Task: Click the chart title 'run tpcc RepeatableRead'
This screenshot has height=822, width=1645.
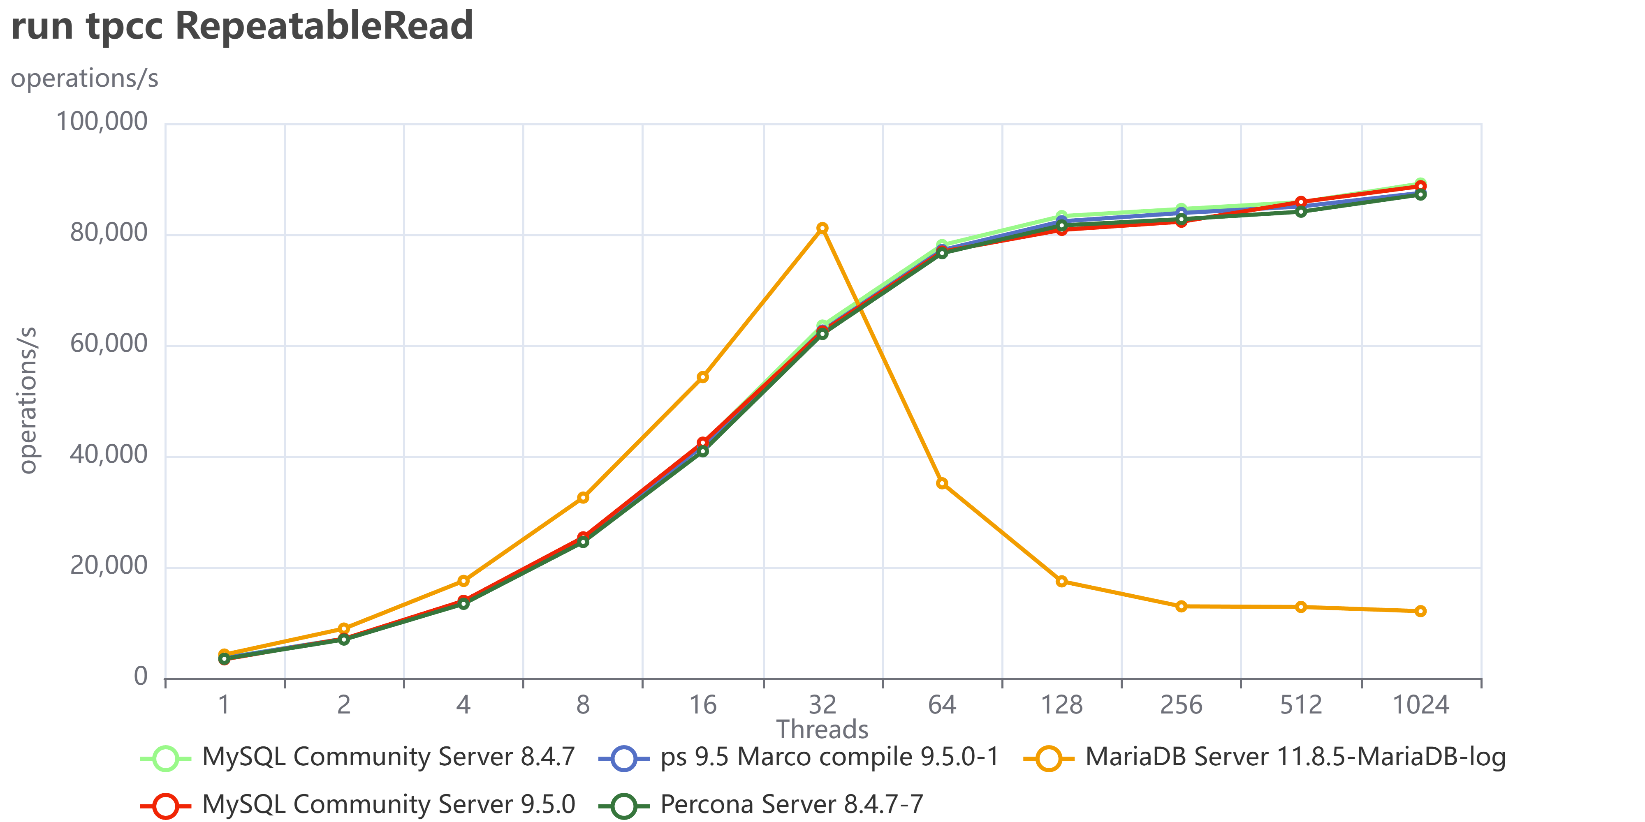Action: click(242, 27)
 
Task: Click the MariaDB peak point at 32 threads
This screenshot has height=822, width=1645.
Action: click(822, 228)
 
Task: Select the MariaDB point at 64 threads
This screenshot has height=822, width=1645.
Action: click(942, 483)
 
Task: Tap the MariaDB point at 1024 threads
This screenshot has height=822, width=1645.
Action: click(1420, 611)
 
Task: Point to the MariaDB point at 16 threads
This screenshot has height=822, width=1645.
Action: click(702, 377)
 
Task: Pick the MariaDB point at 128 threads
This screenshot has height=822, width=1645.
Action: click(1061, 581)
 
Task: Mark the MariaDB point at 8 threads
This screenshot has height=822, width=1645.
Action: click(583, 497)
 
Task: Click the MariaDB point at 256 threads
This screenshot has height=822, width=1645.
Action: click(1182, 606)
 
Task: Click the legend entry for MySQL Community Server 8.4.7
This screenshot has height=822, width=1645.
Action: click(358, 757)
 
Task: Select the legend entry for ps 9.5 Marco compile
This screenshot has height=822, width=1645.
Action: click(798, 757)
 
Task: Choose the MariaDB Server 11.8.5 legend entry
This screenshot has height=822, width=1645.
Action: click(1265, 757)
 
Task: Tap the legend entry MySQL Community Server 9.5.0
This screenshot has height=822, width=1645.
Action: click(358, 805)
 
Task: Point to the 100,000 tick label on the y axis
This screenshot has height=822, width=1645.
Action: click(102, 121)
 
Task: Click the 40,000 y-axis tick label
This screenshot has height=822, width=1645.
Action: click(109, 455)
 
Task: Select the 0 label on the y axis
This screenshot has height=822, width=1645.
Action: click(141, 677)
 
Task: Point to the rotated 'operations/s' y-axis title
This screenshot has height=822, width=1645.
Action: click(28, 400)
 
